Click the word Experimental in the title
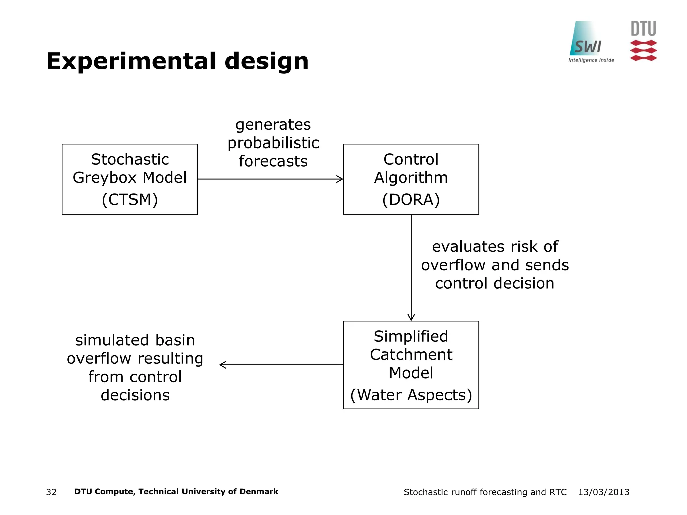click(131, 61)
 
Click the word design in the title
click(266, 61)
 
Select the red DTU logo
click(643, 41)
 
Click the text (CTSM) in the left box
click(129, 199)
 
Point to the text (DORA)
click(411, 199)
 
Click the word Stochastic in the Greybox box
click(129, 159)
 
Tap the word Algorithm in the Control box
click(411, 178)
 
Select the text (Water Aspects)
click(411, 395)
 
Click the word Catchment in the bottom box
click(411, 355)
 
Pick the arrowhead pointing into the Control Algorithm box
click(340, 179)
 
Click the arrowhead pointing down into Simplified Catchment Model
click(411, 318)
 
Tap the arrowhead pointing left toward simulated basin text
click(222, 365)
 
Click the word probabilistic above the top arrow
click(273, 143)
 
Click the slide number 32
click(51, 492)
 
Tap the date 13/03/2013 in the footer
click(603, 492)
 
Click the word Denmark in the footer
click(259, 492)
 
